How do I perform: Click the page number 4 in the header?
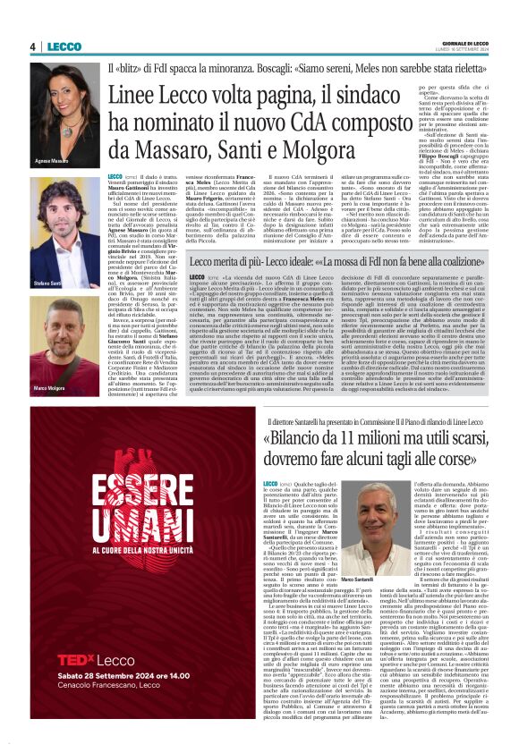click(x=32, y=47)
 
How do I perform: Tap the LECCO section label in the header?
click(x=64, y=47)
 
